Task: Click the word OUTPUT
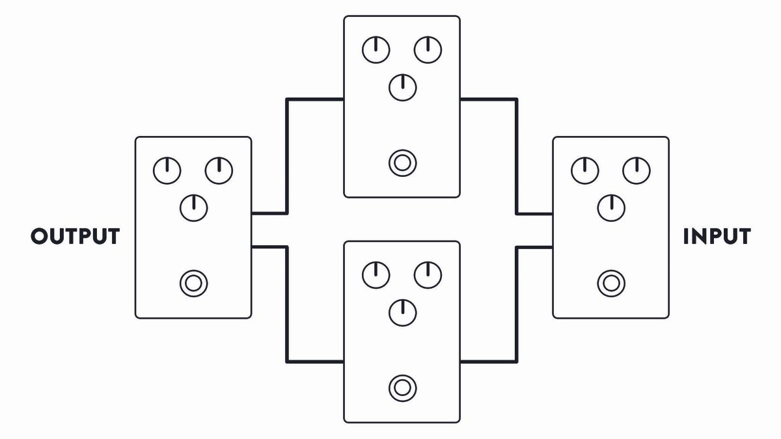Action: click(75, 236)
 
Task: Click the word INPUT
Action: click(717, 236)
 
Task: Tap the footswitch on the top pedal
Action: click(402, 163)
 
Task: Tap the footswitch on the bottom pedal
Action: click(402, 388)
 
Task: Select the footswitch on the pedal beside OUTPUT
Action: click(193, 283)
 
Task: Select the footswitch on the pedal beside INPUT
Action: click(611, 283)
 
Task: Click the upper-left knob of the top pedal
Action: click(376, 50)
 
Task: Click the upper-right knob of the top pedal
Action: click(428, 50)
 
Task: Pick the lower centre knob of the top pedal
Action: click(402, 87)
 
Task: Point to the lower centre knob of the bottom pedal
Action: click(402, 312)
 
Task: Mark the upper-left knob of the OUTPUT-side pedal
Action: click(167, 171)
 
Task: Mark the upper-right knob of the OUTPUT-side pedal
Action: click(219, 171)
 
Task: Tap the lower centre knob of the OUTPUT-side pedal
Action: click(193, 207)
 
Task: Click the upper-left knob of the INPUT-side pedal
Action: click(584, 171)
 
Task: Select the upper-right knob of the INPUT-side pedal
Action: click(637, 171)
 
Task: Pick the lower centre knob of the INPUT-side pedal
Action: click(611, 207)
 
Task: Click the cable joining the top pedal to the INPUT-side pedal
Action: click(517, 156)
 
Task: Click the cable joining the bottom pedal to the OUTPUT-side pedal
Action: click(287, 304)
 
